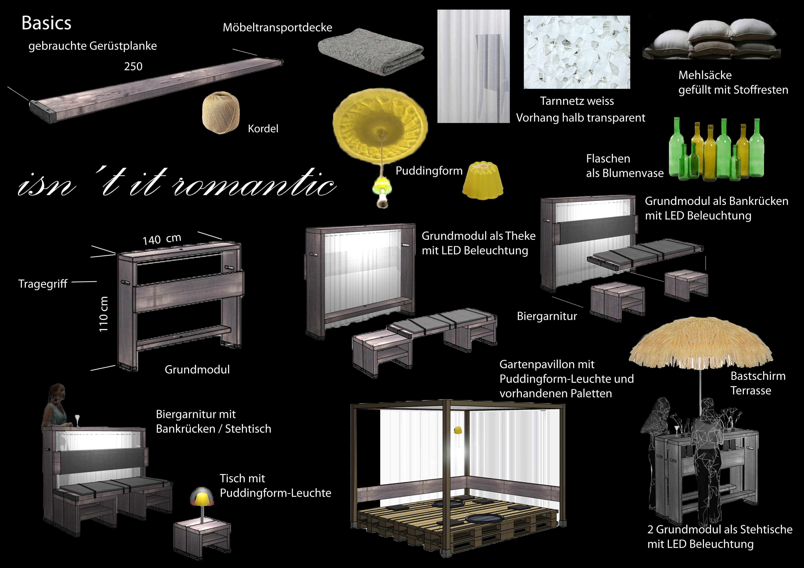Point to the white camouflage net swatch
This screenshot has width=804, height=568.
click(x=577, y=52)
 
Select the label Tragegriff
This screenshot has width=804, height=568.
click(x=43, y=284)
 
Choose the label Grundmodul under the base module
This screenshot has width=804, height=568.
click(x=197, y=369)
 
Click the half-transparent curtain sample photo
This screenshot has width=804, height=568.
click(x=473, y=66)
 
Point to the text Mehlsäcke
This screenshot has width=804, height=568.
click(x=705, y=75)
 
